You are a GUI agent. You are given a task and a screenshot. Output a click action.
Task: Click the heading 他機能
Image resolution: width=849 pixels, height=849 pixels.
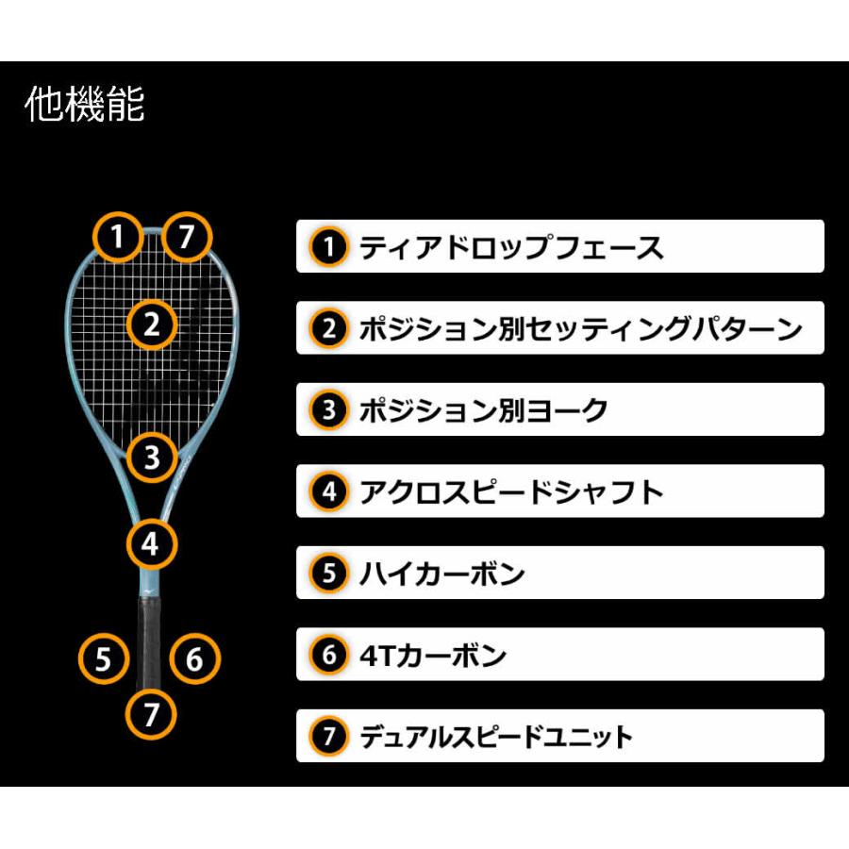(x=85, y=104)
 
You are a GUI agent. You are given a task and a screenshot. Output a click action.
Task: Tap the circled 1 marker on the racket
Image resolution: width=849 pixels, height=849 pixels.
(x=118, y=237)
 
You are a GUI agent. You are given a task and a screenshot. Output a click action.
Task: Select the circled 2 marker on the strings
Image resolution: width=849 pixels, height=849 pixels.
(x=152, y=325)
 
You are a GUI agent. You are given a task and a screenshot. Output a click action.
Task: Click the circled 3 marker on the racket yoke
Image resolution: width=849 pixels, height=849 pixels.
(x=152, y=457)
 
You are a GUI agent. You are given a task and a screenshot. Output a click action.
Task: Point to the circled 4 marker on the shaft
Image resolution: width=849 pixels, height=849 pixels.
(x=152, y=544)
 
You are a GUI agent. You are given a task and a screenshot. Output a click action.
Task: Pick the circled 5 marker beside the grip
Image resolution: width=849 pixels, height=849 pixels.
(x=104, y=658)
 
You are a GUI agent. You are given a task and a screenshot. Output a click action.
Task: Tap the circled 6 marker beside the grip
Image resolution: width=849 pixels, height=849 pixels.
(x=195, y=658)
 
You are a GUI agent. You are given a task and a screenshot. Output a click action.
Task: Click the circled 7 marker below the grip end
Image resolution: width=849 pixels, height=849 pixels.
(x=152, y=714)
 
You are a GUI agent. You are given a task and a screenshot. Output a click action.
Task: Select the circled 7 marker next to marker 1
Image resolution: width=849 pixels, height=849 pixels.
(x=187, y=237)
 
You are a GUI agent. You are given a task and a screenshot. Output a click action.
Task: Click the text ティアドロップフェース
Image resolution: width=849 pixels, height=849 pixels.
(x=511, y=247)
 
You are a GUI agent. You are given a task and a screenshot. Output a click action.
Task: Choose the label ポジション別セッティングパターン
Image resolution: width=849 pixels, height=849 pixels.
(x=580, y=328)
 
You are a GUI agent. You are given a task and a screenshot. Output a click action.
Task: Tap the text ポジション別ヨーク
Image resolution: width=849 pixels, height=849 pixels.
(x=484, y=410)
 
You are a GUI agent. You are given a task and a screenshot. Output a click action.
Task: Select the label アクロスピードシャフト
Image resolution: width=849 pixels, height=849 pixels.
(x=511, y=491)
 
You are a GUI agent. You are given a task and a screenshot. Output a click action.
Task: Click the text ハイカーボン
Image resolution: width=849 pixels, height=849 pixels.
(x=441, y=574)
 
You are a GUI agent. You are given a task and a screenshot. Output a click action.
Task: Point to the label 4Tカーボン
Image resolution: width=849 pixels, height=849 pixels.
(x=433, y=656)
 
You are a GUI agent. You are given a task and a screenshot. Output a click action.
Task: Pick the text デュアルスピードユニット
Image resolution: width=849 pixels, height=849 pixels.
(x=496, y=737)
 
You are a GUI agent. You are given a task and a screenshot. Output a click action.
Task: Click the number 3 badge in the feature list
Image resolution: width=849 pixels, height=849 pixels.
(x=329, y=410)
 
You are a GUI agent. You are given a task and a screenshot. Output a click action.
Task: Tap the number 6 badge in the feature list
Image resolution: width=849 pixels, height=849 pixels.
(x=329, y=655)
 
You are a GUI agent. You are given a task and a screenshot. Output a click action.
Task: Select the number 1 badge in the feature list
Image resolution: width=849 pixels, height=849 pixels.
(x=329, y=247)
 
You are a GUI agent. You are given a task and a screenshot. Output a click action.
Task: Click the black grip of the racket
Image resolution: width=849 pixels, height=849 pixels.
(x=150, y=642)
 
